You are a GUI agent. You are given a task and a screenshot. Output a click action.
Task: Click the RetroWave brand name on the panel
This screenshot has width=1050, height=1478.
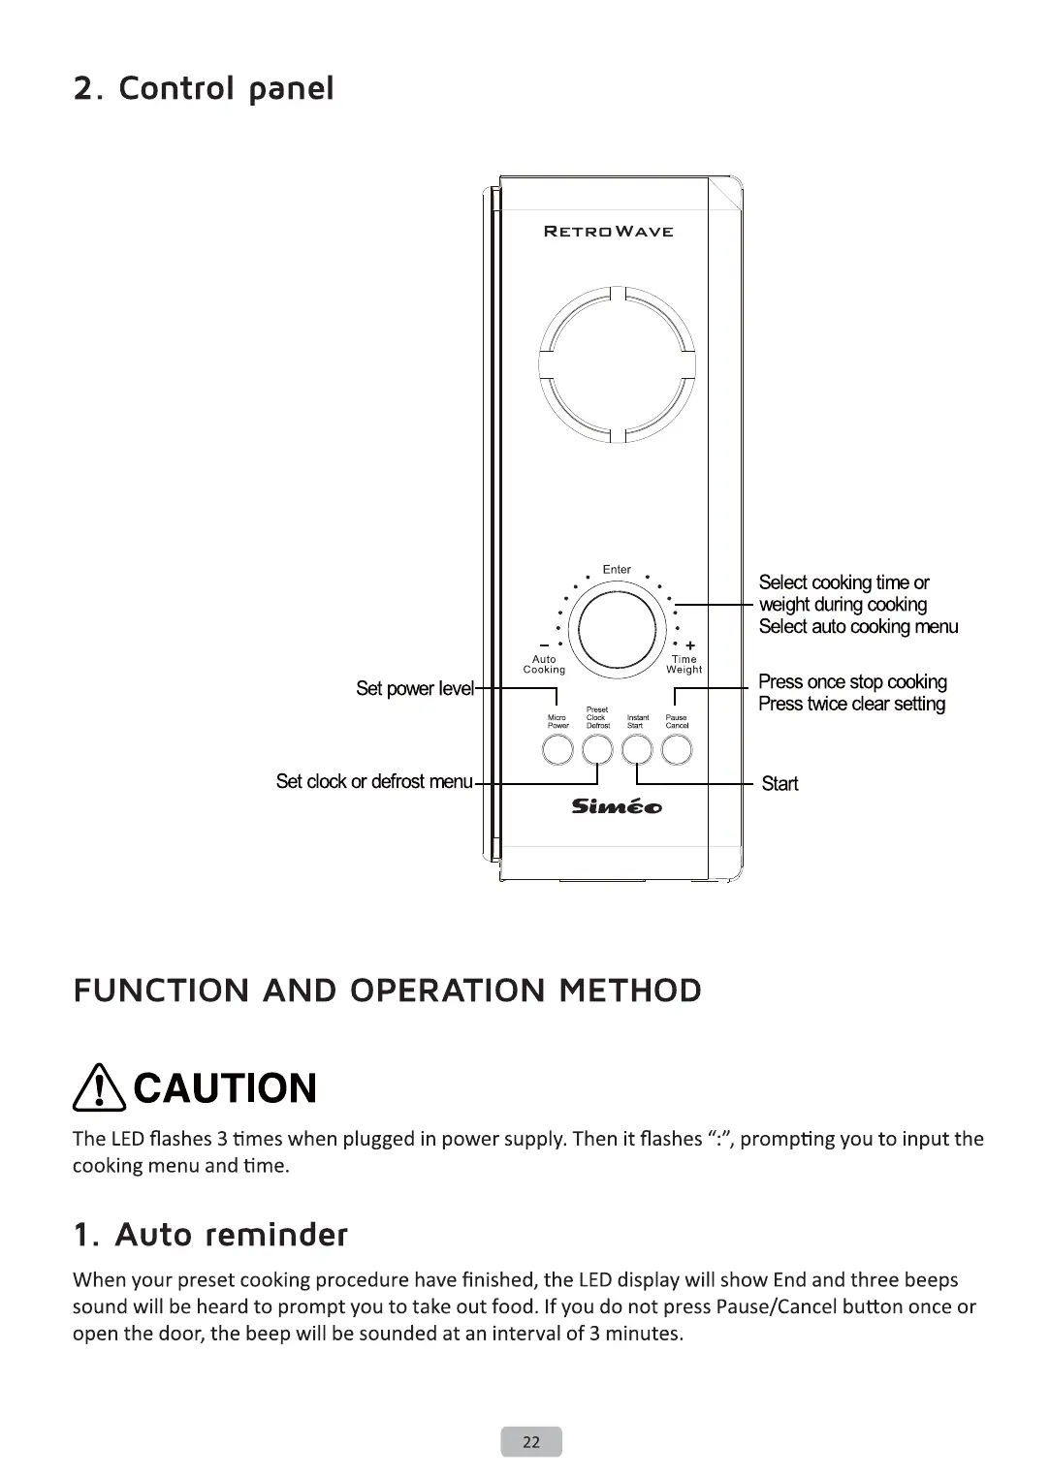click(x=609, y=232)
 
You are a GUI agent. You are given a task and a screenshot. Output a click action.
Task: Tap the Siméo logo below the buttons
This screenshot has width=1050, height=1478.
click(x=617, y=806)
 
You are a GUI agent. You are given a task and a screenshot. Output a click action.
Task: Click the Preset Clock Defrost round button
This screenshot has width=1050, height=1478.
click(x=597, y=749)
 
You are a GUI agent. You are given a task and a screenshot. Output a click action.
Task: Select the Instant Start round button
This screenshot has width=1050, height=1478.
click(x=636, y=749)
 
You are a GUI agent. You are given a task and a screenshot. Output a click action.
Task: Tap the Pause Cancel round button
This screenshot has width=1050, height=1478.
click(x=677, y=749)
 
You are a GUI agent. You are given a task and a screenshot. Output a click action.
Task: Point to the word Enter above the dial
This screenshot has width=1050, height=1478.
click(x=617, y=570)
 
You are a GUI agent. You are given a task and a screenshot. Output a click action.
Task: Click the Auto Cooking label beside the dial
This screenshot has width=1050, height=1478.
click(x=544, y=664)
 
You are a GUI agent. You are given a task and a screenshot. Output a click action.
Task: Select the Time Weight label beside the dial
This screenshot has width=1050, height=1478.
click(x=684, y=664)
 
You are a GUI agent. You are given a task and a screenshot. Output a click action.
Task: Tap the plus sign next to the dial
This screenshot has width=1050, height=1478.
click(x=690, y=645)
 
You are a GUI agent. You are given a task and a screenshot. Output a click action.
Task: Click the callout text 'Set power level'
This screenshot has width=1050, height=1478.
click(x=415, y=689)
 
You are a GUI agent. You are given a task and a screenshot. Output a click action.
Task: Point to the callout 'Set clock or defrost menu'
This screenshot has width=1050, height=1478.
click(x=373, y=782)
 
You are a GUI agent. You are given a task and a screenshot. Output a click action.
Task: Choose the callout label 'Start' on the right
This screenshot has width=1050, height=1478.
click(x=780, y=784)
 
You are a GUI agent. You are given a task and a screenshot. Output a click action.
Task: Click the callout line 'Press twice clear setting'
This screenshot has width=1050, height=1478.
click(x=851, y=705)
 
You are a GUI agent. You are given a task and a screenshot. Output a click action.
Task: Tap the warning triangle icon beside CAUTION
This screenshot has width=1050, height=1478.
click(x=100, y=1087)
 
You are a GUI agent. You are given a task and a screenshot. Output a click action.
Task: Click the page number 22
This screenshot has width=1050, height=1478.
click(x=531, y=1442)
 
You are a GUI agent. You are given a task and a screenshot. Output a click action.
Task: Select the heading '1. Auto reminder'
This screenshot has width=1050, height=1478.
click(x=210, y=1235)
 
